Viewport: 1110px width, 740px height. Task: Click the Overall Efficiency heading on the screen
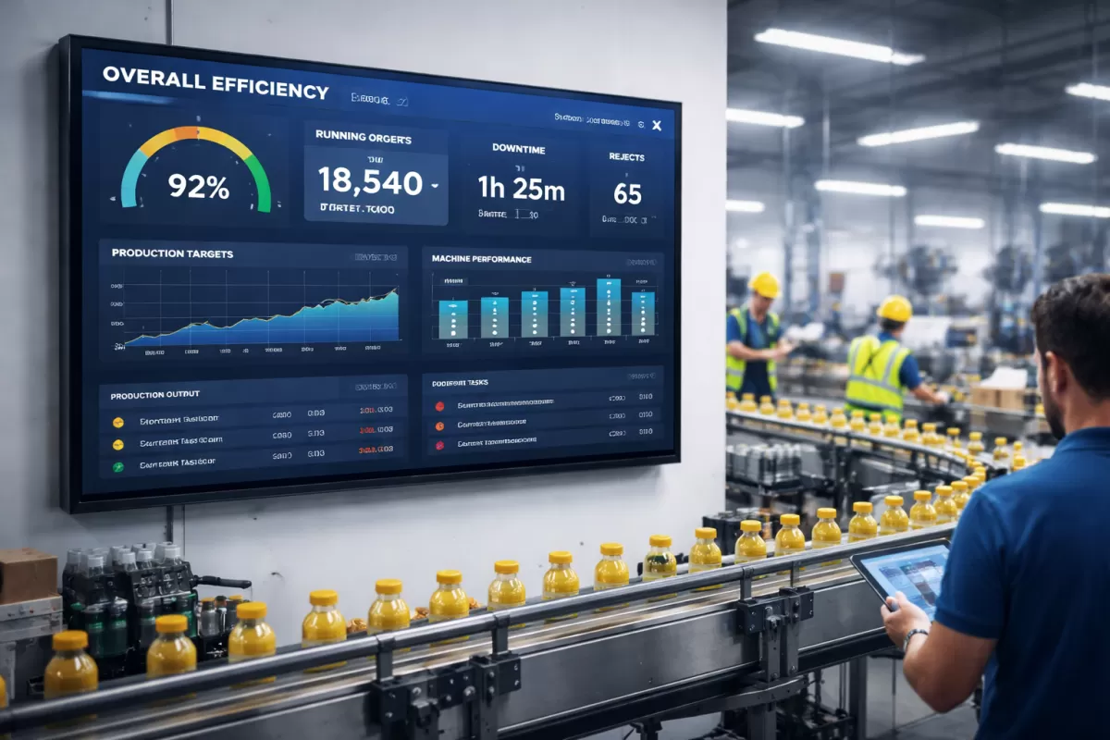pos(215,82)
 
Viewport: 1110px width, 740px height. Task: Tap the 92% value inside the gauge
pos(198,188)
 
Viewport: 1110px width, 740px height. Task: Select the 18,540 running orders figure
pos(371,181)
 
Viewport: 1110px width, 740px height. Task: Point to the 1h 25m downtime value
pos(521,189)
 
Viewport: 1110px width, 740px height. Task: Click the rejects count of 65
pos(627,193)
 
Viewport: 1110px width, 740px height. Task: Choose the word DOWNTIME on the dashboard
pos(519,148)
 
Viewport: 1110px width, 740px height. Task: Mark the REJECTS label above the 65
pos(626,157)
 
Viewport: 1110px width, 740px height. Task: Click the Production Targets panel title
pos(172,253)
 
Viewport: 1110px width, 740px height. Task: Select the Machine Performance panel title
pos(481,259)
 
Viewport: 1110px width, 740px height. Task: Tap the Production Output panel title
pos(154,396)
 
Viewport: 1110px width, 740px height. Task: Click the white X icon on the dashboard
pos(657,125)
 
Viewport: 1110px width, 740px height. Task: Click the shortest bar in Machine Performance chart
pos(452,318)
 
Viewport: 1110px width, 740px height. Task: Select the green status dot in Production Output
pos(117,466)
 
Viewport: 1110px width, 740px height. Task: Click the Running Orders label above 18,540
pos(364,138)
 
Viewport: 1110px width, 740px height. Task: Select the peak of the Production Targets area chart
pos(395,291)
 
